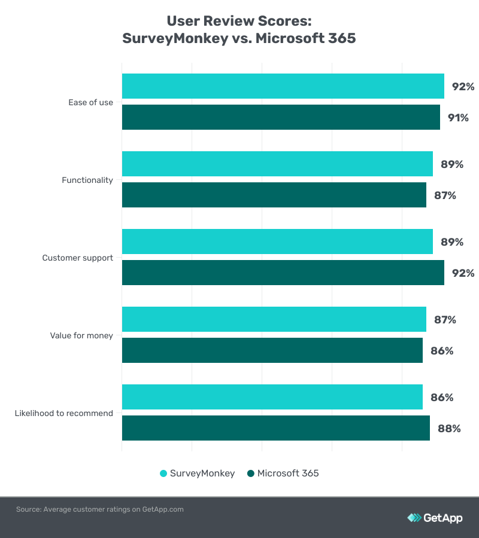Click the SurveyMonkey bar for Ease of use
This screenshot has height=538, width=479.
pyautogui.click(x=283, y=86)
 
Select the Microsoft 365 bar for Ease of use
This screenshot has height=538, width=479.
pyautogui.click(x=281, y=117)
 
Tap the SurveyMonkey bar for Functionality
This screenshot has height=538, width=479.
pyautogui.click(x=277, y=164)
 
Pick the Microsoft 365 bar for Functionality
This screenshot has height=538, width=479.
pyautogui.click(x=274, y=195)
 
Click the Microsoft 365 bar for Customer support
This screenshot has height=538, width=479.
pyautogui.click(x=283, y=273)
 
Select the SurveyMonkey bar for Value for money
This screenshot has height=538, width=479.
pyautogui.click(x=274, y=319)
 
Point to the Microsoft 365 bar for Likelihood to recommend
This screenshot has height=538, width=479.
pyautogui.click(x=275, y=428)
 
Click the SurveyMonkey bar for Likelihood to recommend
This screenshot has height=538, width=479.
pyautogui.click(x=272, y=397)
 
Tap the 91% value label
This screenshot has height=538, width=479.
pyautogui.click(x=458, y=118)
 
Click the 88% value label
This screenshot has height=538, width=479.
pyautogui.click(x=448, y=429)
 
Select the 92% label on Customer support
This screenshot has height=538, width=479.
pyautogui.click(x=463, y=273)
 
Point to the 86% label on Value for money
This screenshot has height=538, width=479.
pyautogui.click(x=442, y=351)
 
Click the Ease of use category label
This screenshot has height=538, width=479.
pyautogui.click(x=90, y=102)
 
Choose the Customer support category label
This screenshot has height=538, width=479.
pyautogui.click(x=77, y=258)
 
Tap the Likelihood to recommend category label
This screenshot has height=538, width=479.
pyautogui.click(x=63, y=413)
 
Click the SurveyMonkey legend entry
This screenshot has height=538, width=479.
pyautogui.click(x=198, y=473)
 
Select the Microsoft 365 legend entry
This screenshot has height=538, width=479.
pyautogui.click(x=283, y=473)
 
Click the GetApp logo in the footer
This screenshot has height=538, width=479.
pyautogui.click(x=435, y=518)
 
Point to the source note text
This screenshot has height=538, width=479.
pyautogui.click(x=99, y=509)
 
